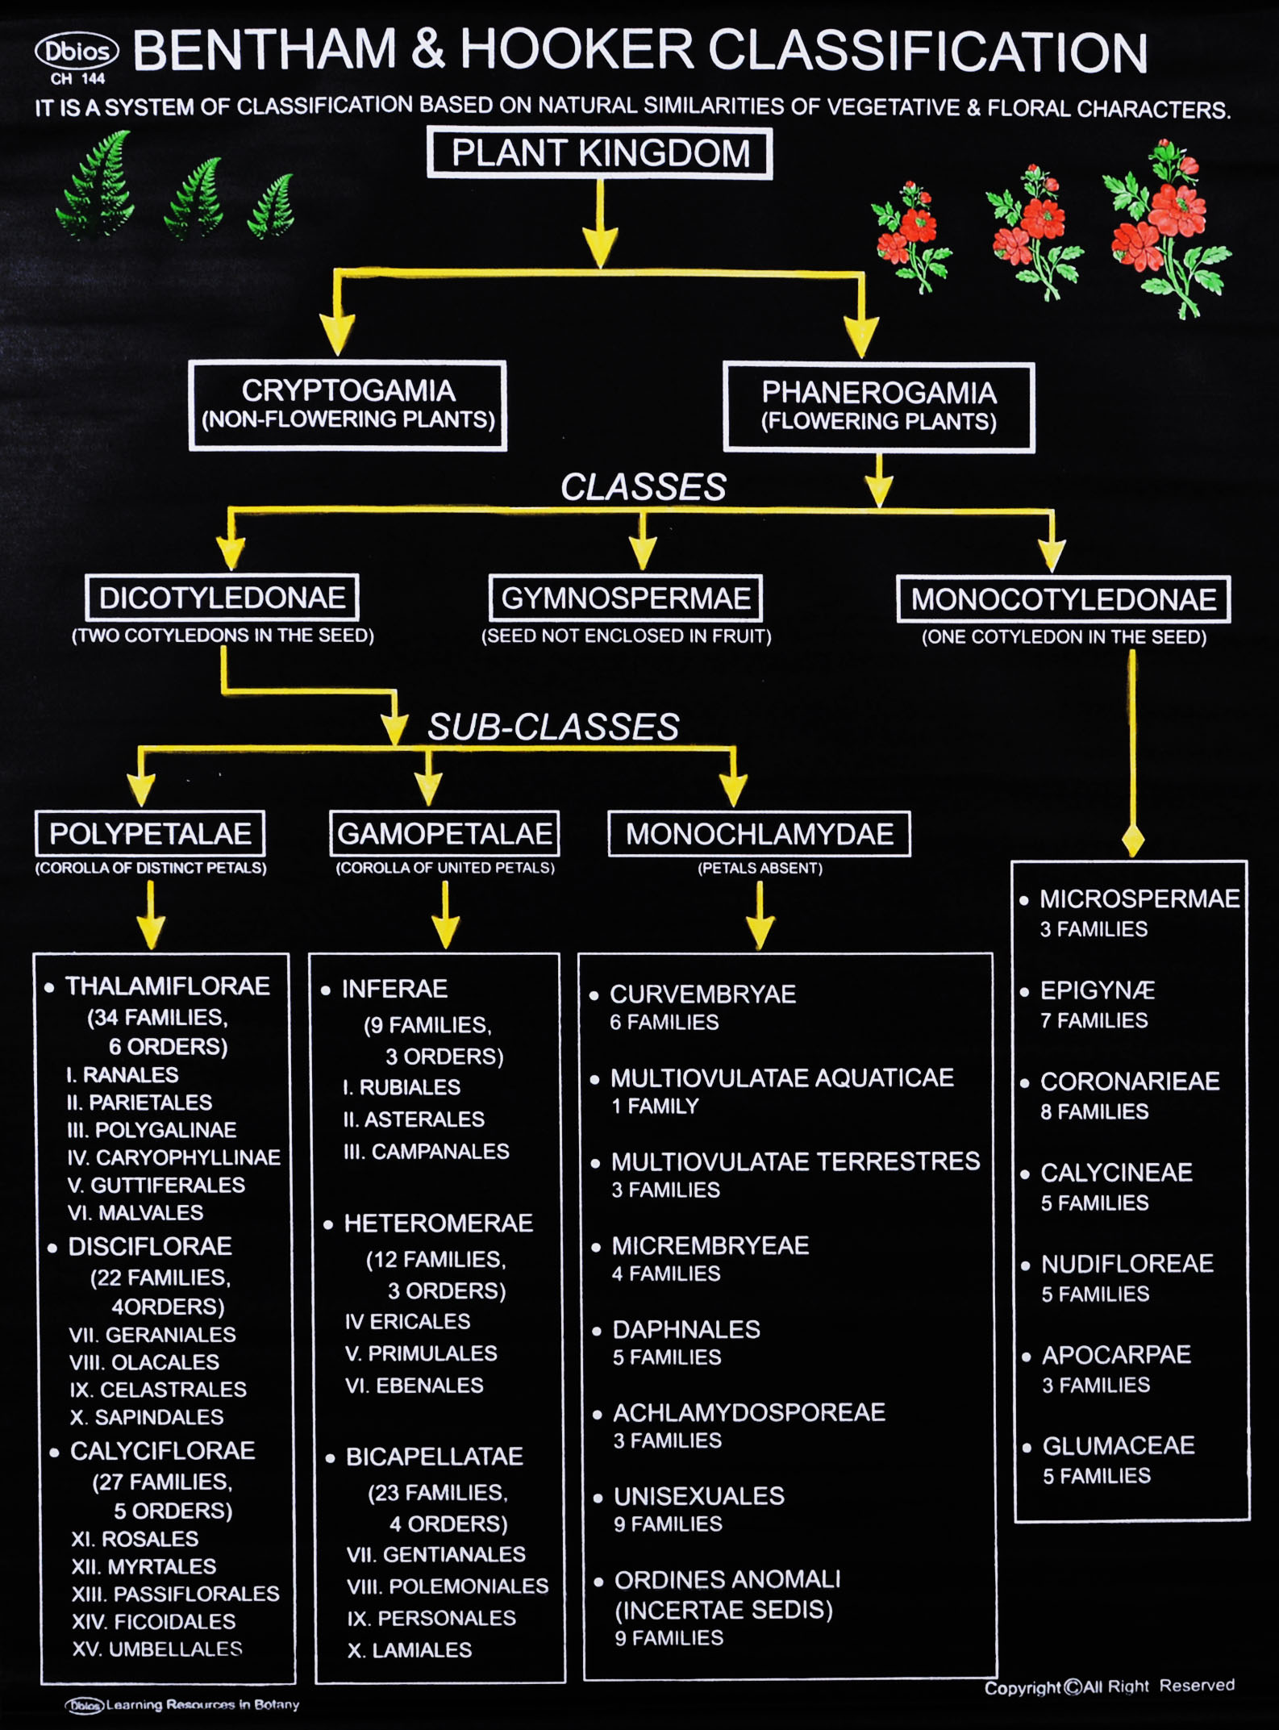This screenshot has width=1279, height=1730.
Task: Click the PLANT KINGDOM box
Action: point(600,153)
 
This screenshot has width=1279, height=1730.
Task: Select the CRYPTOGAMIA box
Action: point(348,405)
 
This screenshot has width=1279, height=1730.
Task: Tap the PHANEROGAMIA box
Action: point(879,406)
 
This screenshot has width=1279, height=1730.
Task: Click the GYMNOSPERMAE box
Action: point(626,598)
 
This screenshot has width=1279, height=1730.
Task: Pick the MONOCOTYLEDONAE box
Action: point(1064,599)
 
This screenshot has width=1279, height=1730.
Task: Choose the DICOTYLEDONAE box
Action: point(222,598)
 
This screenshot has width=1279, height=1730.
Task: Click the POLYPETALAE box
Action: point(150,833)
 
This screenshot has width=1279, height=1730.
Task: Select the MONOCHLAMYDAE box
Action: point(759,834)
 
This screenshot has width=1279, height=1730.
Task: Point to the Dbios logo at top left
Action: point(77,52)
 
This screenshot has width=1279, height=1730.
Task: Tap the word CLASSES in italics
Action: point(644,487)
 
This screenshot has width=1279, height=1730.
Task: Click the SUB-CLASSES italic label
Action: point(553,727)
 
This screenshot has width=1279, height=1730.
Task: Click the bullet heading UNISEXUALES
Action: point(698,1496)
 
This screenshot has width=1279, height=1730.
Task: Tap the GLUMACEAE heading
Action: point(1119,1445)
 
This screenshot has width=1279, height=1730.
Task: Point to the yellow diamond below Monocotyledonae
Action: point(1133,841)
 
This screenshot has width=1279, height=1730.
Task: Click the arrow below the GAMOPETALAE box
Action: point(445,915)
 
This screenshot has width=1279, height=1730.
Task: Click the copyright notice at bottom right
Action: point(1109,1686)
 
